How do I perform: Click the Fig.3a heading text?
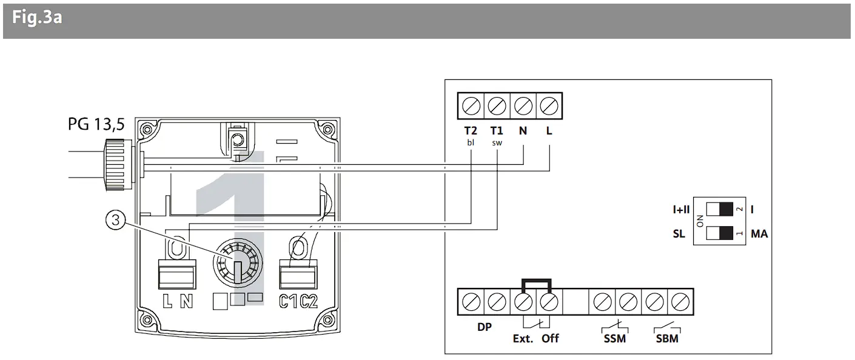(x=37, y=18)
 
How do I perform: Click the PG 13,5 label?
(x=96, y=125)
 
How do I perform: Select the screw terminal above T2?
(x=471, y=106)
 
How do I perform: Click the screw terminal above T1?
(x=497, y=106)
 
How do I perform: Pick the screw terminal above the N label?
(x=523, y=106)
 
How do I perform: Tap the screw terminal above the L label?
(x=548, y=106)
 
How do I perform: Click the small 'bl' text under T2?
(x=471, y=143)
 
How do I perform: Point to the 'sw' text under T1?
(x=497, y=143)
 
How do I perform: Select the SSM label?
(x=615, y=338)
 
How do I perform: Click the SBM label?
(x=667, y=338)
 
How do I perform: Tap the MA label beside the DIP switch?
(x=759, y=233)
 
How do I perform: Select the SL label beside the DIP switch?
(x=679, y=233)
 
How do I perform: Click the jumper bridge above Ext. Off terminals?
(x=535, y=282)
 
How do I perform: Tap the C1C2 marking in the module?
(x=298, y=301)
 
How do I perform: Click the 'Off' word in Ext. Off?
(x=550, y=338)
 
